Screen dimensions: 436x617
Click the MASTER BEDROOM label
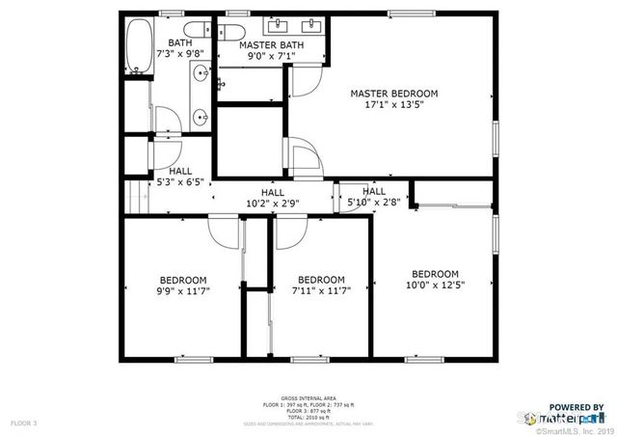click(393, 94)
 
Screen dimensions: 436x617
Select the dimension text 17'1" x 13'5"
click(393, 106)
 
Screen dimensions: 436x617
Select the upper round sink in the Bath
click(201, 73)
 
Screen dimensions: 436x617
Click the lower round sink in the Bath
click(201, 118)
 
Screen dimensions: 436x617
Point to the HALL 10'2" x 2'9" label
click(272, 198)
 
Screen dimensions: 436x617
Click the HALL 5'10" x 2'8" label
click(373, 197)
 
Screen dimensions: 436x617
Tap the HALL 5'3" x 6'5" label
click(179, 176)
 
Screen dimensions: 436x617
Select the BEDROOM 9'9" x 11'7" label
click(182, 285)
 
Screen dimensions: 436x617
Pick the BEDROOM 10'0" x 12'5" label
click(435, 279)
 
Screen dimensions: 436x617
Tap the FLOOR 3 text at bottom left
click(24, 422)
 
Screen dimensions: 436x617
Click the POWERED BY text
click(577, 407)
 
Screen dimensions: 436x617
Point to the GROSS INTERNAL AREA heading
click(308, 397)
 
